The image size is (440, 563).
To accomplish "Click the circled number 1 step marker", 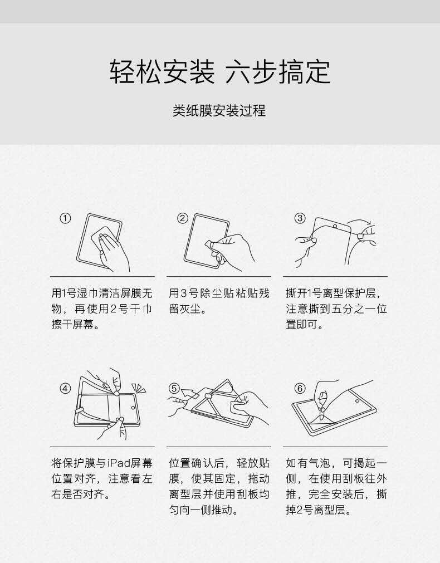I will [66, 218].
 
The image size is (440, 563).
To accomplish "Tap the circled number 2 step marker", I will [183, 218].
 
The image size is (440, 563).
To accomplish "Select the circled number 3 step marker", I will [300, 218].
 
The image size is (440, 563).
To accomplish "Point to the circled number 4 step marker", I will [66, 388].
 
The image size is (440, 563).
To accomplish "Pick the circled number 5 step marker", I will [174, 388].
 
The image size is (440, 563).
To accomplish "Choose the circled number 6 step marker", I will [300, 388].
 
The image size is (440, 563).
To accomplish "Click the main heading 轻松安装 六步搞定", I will [219, 72].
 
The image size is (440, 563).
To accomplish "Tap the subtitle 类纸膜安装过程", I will [219, 111].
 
